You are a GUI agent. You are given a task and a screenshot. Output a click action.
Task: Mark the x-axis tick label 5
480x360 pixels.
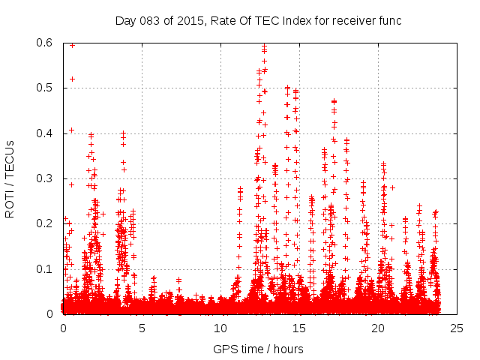point(142,328)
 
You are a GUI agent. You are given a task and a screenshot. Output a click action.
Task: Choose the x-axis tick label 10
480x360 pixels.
point(220,328)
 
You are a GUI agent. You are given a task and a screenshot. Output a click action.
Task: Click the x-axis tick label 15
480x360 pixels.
point(299,328)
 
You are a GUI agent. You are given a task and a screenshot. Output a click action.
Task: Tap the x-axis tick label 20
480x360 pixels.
point(378,328)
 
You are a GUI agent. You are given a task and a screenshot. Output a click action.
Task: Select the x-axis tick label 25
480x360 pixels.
point(457,328)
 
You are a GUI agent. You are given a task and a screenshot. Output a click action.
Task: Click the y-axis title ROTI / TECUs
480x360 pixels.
point(10,178)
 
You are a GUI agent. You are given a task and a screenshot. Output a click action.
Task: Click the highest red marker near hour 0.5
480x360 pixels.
point(72,45)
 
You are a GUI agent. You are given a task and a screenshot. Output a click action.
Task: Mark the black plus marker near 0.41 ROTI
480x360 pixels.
point(71,130)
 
